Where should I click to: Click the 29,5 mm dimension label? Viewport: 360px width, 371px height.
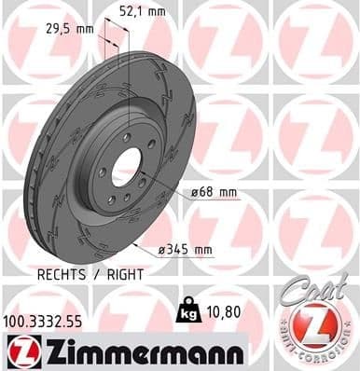click(71, 28)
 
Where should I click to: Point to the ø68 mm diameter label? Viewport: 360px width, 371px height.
click(214, 194)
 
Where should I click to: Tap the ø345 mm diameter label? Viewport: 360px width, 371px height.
click(187, 249)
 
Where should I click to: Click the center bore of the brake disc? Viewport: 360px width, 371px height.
click(126, 169)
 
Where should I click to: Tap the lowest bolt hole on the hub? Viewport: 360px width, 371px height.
click(111, 198)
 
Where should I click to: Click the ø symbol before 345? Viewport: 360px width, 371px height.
click(163, 249)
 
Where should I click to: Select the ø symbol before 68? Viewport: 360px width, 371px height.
click(195, 194)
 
